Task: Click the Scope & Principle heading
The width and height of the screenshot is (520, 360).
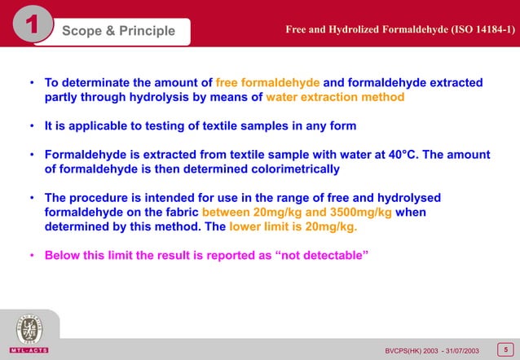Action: [x=119, y=31]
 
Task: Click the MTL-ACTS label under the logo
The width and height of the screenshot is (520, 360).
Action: [x=28, y=350]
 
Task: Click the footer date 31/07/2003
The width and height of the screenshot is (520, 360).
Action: [x=458, y=350]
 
